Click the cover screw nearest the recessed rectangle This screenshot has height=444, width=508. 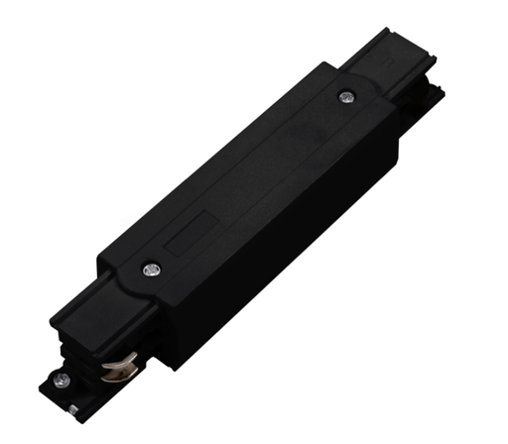[x=152, y=266]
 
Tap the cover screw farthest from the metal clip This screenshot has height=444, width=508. [x=345, y=96]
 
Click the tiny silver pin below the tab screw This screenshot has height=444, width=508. [x=74, y=406]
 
